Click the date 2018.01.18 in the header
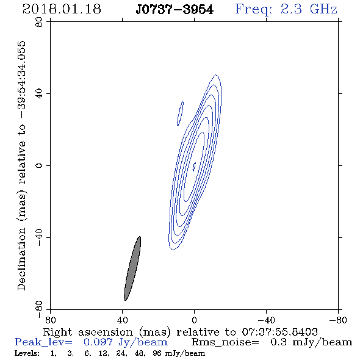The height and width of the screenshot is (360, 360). click(62, 9)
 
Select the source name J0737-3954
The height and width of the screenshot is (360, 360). click(175, 10)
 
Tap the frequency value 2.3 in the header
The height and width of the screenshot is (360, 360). click(291, 9)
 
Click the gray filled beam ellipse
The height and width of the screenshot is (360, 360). click(132, 268)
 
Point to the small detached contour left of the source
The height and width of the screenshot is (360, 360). click(180, 113)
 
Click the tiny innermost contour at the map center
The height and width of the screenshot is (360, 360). click(194, 167)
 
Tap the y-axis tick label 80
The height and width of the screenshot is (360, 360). click(39, 22)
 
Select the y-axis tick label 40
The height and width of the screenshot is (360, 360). click(39, 94)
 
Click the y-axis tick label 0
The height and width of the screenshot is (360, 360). click(39, 165)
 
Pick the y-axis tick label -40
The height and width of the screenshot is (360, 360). click(39, 237)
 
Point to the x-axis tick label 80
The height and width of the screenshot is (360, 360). click(50, 320)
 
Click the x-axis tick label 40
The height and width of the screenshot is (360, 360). click(123, 320)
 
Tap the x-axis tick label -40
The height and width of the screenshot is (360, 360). click(266, 320)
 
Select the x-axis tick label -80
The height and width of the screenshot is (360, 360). click(338, 320)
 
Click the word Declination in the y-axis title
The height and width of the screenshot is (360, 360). click(21, 259)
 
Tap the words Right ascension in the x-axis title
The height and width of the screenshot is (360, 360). click(88, 332)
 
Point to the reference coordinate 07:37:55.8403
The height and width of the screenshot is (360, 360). click(279, 332)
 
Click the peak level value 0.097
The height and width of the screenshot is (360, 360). click(98, 342)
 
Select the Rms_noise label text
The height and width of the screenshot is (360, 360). click(225, 342)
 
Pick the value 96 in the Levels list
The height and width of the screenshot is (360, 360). click(156, 353)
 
